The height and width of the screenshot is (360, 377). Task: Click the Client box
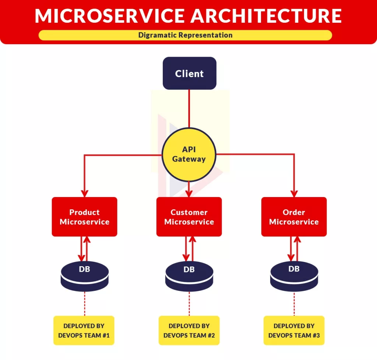pos(189,73)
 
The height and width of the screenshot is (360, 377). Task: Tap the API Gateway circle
pos(189,154)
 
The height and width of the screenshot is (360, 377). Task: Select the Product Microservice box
pos(84,217)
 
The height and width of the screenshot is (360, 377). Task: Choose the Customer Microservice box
pos(189,217)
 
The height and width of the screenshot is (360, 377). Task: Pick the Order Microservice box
pos(294,217)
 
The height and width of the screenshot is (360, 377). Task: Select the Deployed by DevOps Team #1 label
pos(84,330)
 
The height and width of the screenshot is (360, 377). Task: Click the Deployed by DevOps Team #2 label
pos(189,330)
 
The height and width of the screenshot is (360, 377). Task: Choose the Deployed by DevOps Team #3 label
pos(294,330)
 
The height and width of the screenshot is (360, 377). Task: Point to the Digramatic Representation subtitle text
pos(185,35)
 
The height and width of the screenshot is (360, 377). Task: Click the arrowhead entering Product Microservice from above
pos(85,193)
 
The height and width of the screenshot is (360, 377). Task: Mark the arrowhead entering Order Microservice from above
pos(294,193)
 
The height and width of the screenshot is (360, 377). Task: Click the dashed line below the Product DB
pos(85,303)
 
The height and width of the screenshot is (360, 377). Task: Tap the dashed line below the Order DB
pos(294,303)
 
